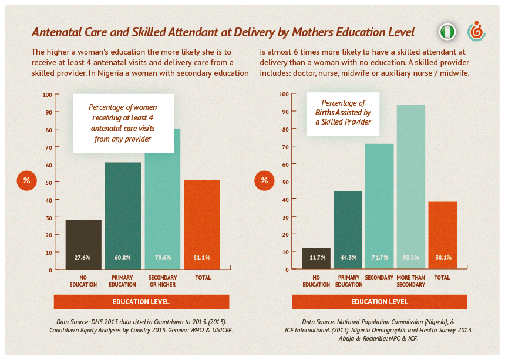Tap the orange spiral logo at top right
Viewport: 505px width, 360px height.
pos(476,32)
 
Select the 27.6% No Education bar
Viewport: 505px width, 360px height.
pos(83,244)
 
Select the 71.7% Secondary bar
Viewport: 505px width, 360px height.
pos(379,206)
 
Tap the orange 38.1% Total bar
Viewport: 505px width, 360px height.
pos(443,235)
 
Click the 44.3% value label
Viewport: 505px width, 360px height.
pos(348,258)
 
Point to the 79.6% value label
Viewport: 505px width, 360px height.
pos(162,258)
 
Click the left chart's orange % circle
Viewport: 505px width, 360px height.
pos(26,180)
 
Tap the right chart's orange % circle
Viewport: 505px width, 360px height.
pos(264,180)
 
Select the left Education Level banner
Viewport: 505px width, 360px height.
pos(141,302)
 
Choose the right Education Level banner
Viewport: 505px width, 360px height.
pos(379,302)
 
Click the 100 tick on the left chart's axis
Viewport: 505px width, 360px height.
pos(48,95)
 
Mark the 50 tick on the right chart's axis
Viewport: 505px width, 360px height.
pos(284,182)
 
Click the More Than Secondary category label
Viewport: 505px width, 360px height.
pos(410,281)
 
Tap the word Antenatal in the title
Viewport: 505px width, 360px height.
pos(56,32)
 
